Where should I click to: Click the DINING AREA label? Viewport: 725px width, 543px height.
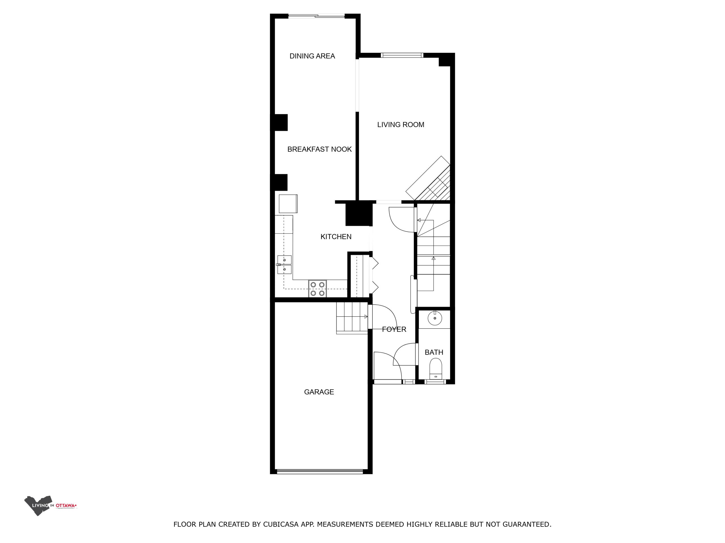[x=312, y=56]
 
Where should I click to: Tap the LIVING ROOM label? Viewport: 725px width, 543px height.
[x=400, y=124]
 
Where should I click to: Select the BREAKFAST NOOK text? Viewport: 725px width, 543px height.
[x=319, y=149]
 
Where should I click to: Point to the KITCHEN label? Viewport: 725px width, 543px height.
[x=336, y=237]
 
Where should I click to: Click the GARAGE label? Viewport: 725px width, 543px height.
[x=319, y=392]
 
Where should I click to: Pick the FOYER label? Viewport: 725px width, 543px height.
[x=394, y=329]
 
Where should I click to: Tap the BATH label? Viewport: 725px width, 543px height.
[x=434, y=352]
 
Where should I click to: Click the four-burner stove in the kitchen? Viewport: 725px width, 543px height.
[x=317, y=289]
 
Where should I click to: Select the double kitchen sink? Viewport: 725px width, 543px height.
[x=284, y=264]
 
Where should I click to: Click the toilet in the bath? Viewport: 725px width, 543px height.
[x=436, y=369]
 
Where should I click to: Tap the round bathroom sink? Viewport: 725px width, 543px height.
[x=435, y=318]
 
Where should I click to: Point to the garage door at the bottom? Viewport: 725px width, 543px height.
[x=320, y=472]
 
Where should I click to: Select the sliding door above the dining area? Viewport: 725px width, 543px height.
[x=316, y=16]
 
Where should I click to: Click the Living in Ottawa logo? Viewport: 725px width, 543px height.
[x=50, y=506]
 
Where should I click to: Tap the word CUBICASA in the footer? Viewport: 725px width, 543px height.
[x=281, y=524]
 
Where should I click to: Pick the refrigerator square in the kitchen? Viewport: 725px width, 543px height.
[x=288, y=204]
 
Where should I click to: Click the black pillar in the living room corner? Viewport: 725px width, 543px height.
[x=444, y=61]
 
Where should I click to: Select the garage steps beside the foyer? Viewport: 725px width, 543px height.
[x=352, y=318]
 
